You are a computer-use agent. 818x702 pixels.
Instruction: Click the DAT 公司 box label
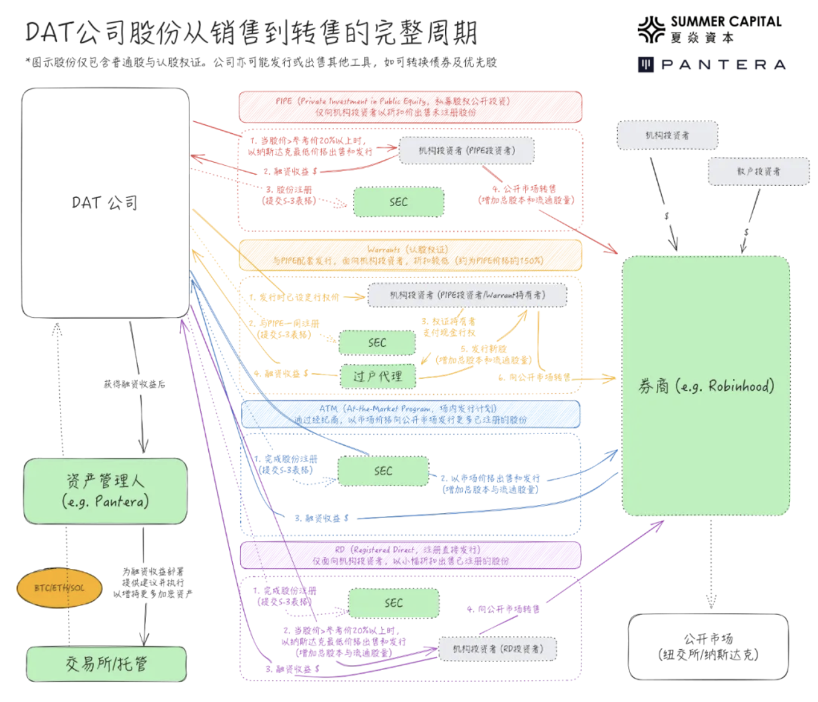[x=105, y=203]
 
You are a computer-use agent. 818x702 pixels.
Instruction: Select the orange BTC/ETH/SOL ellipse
[x=59, y=588]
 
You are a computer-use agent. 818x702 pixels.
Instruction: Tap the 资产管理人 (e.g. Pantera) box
[x=105, y=491]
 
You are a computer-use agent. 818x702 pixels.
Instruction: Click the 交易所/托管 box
[x=106, y=664]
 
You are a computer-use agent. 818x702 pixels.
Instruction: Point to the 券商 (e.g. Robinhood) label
[x=706, y=386]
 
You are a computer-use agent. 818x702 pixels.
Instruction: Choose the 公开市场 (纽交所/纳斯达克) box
[x=708, y=646]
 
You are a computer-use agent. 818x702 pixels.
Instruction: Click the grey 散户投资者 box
[x=758, y=171]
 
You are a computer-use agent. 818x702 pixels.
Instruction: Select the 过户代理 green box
[x=377, y=376]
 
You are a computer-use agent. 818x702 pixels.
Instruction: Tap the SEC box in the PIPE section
[x=398, y=202]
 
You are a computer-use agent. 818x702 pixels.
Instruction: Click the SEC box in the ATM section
[x=383, y=471]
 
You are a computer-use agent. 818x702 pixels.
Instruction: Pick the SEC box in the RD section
[x=394, y=603]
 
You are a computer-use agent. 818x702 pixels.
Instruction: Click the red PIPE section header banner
[x=410, y=107]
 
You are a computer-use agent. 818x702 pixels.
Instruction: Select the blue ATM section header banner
[x=410, y=414]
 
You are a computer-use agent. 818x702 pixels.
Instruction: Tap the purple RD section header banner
[x=410, y=555]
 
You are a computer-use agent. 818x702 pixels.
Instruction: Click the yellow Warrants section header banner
[x=410, y=255]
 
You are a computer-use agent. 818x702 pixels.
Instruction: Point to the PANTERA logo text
[x=723, y=65]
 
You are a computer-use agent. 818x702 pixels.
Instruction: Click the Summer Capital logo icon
[x=651, y=30]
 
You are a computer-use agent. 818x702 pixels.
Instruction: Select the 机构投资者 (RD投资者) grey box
[x=498, y=649]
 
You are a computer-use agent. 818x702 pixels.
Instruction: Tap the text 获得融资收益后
[x=134, y=384]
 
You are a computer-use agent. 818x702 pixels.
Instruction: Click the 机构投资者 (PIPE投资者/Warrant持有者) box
[x=467, y=295]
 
